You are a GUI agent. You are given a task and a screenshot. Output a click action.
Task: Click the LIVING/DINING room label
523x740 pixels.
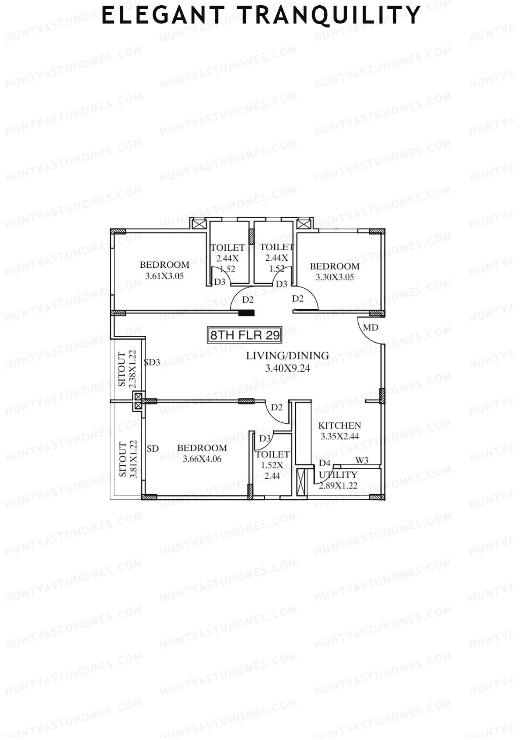pos(287,356)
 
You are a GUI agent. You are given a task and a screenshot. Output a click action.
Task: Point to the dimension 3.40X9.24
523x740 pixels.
pos(287,368)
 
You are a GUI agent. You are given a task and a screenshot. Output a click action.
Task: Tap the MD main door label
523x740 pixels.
pos(370,327)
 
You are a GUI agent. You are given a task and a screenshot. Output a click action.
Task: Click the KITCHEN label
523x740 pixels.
pos(340,425)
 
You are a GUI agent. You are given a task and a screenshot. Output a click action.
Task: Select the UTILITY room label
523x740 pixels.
pos(338,475)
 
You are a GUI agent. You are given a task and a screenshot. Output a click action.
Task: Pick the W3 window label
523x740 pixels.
pos(362,460)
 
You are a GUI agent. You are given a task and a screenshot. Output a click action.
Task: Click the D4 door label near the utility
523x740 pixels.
pos(325,463)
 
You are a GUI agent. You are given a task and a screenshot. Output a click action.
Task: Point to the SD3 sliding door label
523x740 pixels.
pos(152,362)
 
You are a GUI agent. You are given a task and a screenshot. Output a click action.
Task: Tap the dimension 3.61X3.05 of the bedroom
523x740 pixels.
pos(164,276)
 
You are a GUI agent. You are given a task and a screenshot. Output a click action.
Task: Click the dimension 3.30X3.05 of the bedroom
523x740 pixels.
pos(335,277)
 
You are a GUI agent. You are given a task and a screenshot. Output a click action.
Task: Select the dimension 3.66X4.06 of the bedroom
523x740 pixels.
pos(202,459)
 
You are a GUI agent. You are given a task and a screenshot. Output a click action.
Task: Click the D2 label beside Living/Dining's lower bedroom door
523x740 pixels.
pos(277,407)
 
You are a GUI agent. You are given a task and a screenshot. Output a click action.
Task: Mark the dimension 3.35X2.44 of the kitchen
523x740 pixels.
pos(340,436)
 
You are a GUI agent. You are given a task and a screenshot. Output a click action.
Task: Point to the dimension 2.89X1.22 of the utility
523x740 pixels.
pos(338,485)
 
